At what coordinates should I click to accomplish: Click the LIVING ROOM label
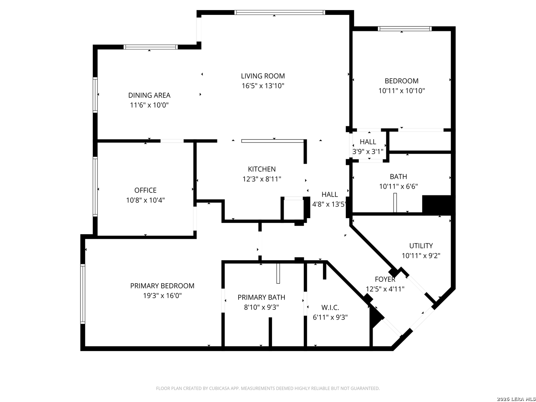point(263,76)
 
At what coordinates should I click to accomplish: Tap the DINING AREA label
point(149,95)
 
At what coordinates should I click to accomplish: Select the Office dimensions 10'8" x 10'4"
point(145,200)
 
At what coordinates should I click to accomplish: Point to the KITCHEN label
point(262,169)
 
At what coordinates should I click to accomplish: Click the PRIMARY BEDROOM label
point(162,286)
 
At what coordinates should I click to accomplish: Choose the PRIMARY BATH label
point(261,297)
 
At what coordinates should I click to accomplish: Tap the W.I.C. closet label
point(330,307)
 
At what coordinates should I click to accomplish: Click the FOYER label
point(385,279)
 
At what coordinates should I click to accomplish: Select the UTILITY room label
point(421,246)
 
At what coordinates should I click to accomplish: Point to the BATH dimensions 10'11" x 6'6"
point(398,186)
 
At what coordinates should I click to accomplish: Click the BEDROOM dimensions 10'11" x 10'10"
point(402,91)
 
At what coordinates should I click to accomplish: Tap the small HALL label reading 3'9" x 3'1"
point(368,142)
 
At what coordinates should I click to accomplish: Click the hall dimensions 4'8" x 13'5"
point(329,204)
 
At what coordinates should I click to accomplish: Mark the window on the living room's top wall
point(280,12)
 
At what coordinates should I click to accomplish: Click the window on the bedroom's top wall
point(405,29)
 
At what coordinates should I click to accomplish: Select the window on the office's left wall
point(95,187)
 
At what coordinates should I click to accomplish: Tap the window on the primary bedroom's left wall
point(83,294)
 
